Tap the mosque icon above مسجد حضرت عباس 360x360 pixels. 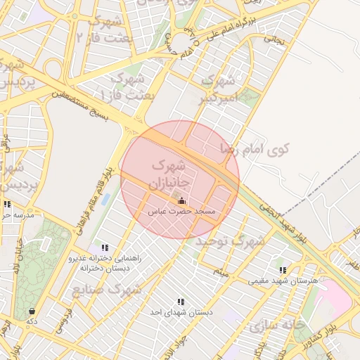182,201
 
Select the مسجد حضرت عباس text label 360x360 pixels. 182,211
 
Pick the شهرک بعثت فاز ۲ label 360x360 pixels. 105,28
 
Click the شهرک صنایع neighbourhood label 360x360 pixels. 106,289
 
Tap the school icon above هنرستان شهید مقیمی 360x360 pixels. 283,270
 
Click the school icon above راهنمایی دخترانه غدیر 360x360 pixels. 105,247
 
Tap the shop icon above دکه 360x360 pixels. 32,311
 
